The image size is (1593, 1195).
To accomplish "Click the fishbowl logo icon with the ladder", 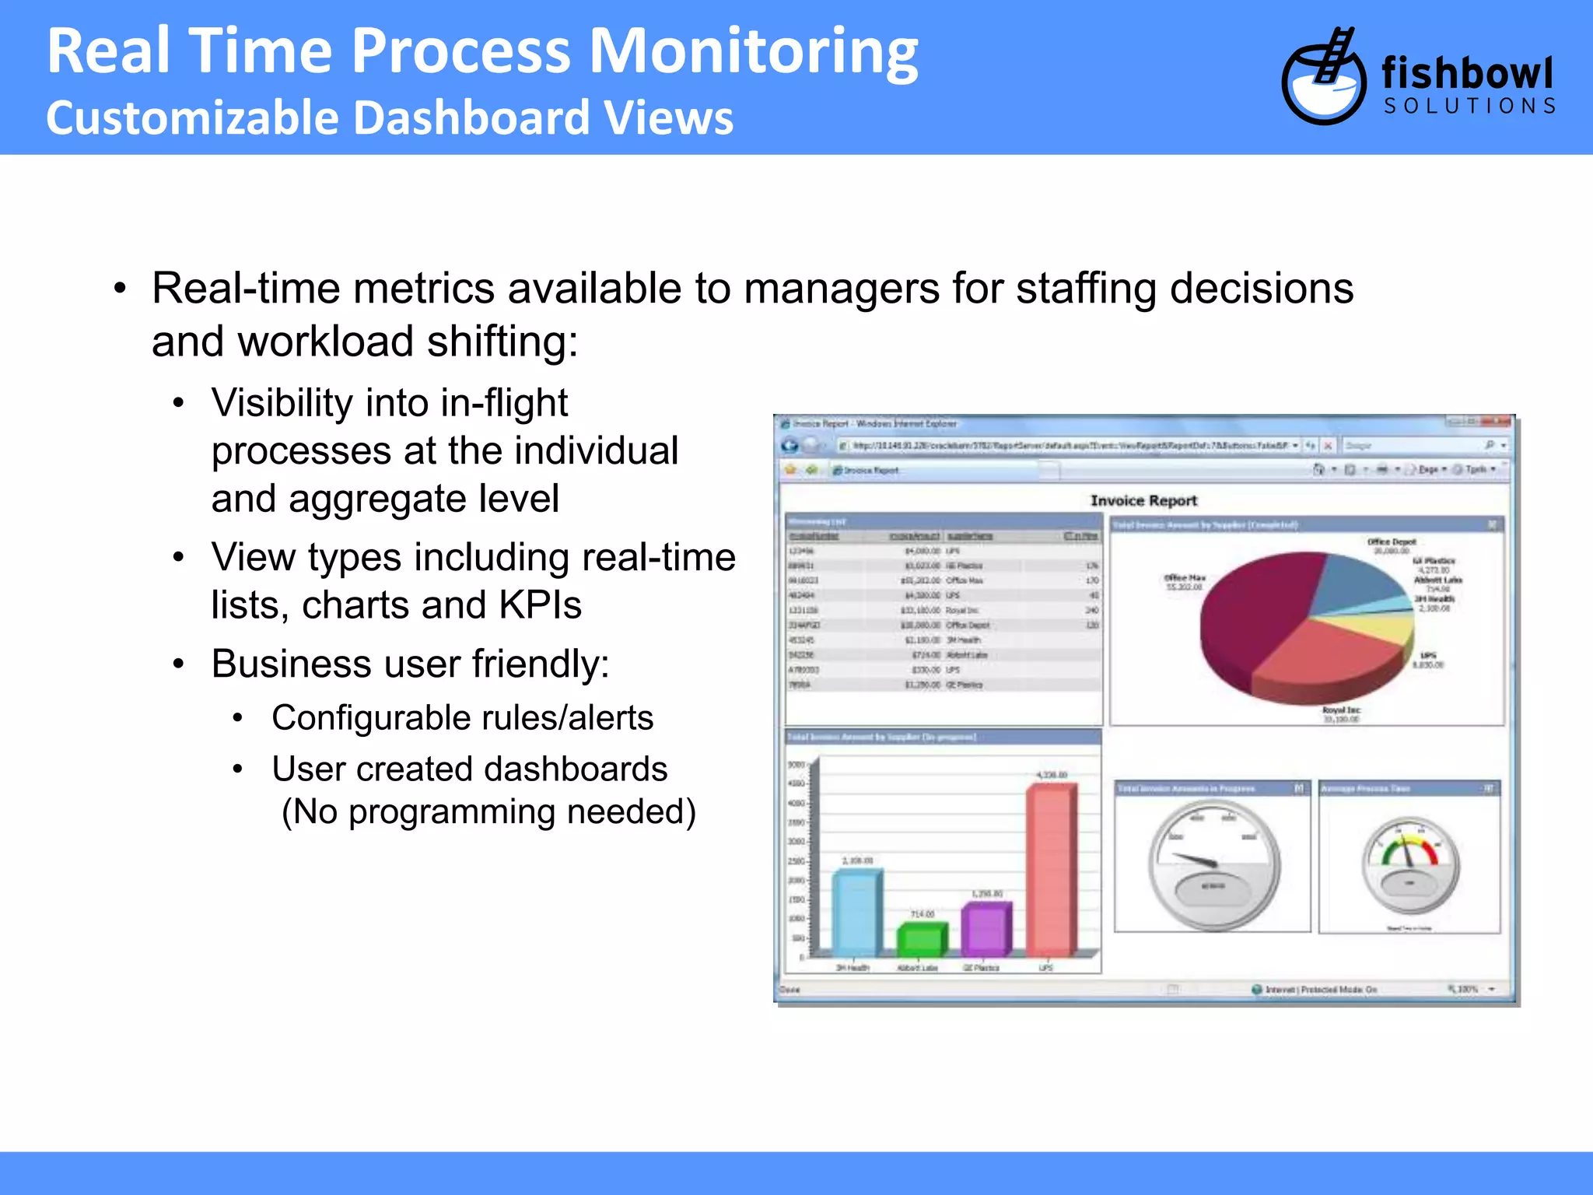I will tap(1323, 79).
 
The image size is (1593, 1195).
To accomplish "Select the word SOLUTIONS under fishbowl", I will tap(1469, 107).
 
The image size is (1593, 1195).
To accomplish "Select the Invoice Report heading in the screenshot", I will tap(1143, 501).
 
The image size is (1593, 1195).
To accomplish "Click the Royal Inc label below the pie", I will tap(1341, 710).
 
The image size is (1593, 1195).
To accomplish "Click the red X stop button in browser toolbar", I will tap(1328, 446).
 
